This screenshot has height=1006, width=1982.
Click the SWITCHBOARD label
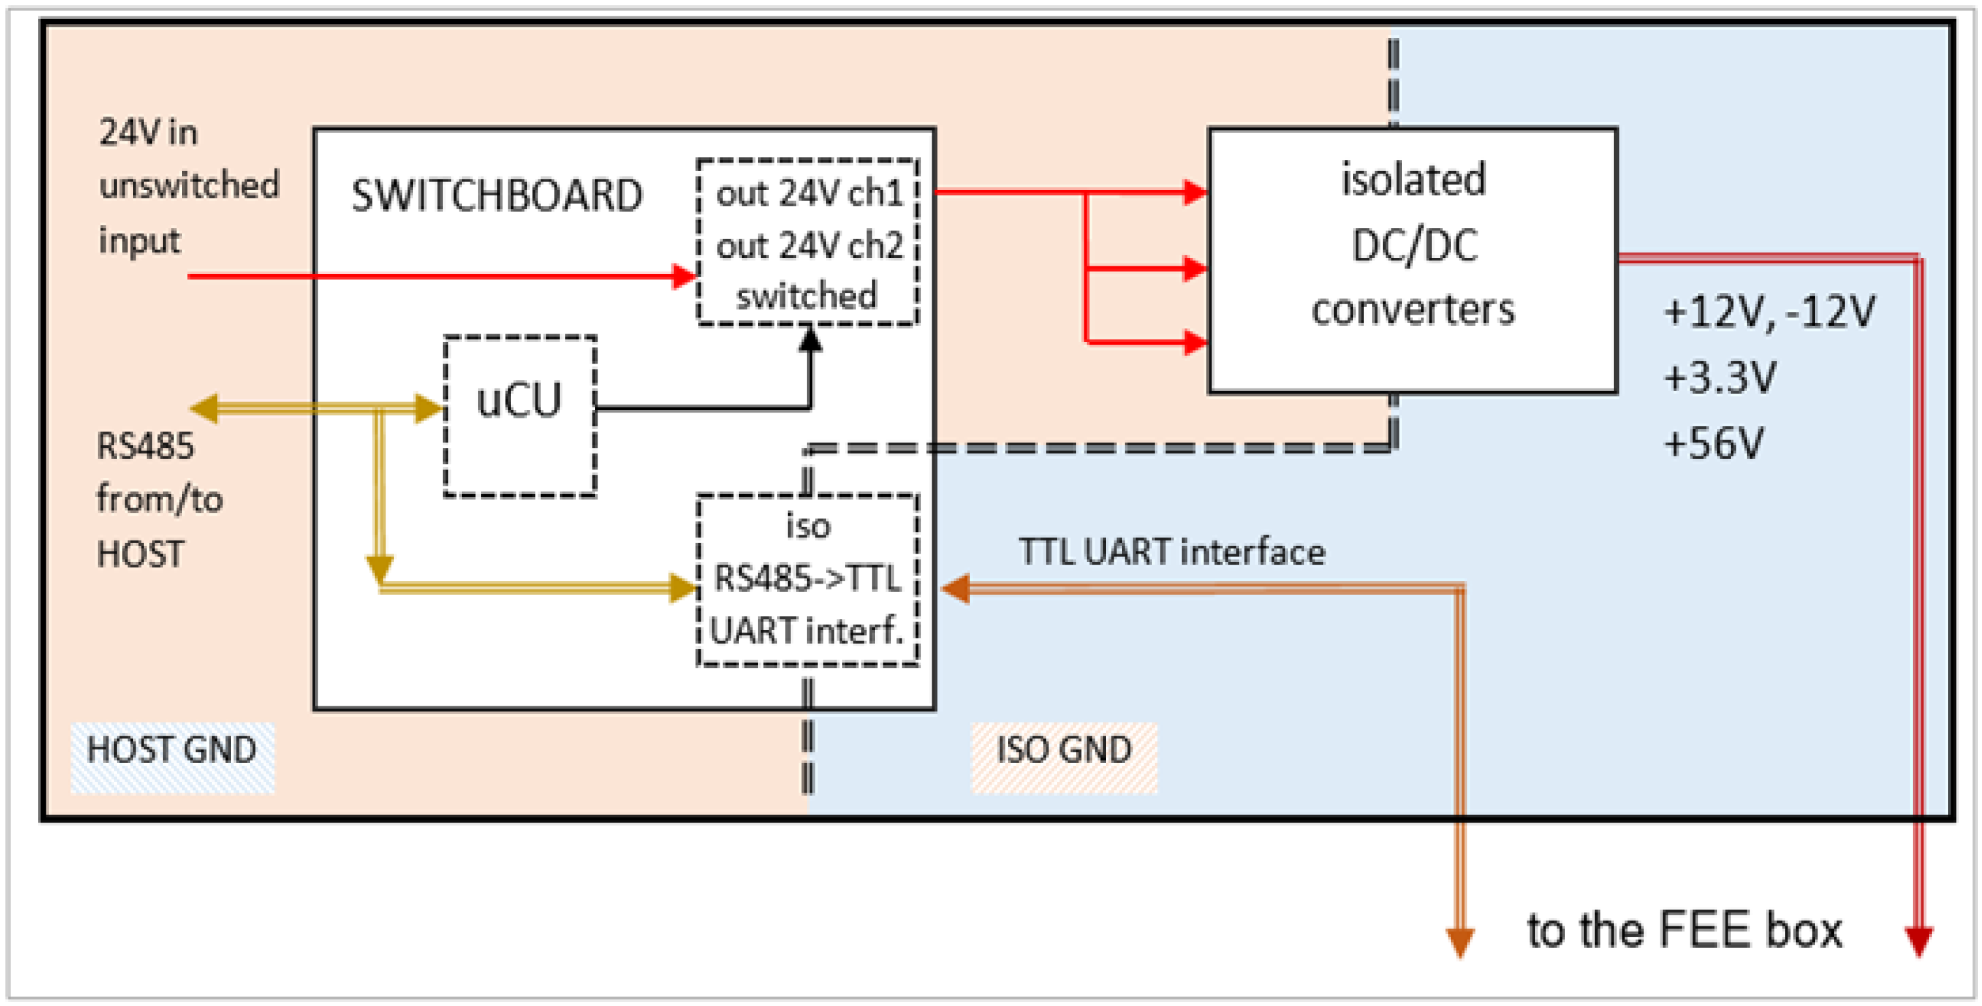[x=496, y=195]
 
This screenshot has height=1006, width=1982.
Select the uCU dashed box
[x=520, y=417]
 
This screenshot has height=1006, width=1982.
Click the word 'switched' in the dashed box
[x=806, y=296]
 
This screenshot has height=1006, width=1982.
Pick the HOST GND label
[x=172, y=749]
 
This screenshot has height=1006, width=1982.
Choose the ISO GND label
[x=1064, y=749]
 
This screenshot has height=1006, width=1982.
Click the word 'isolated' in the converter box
[x=1413, y=180]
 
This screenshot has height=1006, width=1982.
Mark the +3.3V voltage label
[x=1720, y=377]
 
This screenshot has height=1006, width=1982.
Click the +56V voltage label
[x=1713, y=443]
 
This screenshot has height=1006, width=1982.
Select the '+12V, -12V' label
[x=1769, y=312]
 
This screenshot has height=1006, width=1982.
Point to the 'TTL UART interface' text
[x=1172, y=552]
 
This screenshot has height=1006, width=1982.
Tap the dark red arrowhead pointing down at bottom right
[x=1919, y=941]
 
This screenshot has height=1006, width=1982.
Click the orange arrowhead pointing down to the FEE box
[x=1459, y=942]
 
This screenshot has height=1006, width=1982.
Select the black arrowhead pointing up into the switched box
[x=810, y=339]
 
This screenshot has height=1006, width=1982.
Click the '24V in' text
[x=149, y=133]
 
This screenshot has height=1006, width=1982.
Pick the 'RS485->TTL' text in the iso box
[x=807, y=578]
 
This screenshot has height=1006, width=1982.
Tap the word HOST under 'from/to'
[x=140, y=554]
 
